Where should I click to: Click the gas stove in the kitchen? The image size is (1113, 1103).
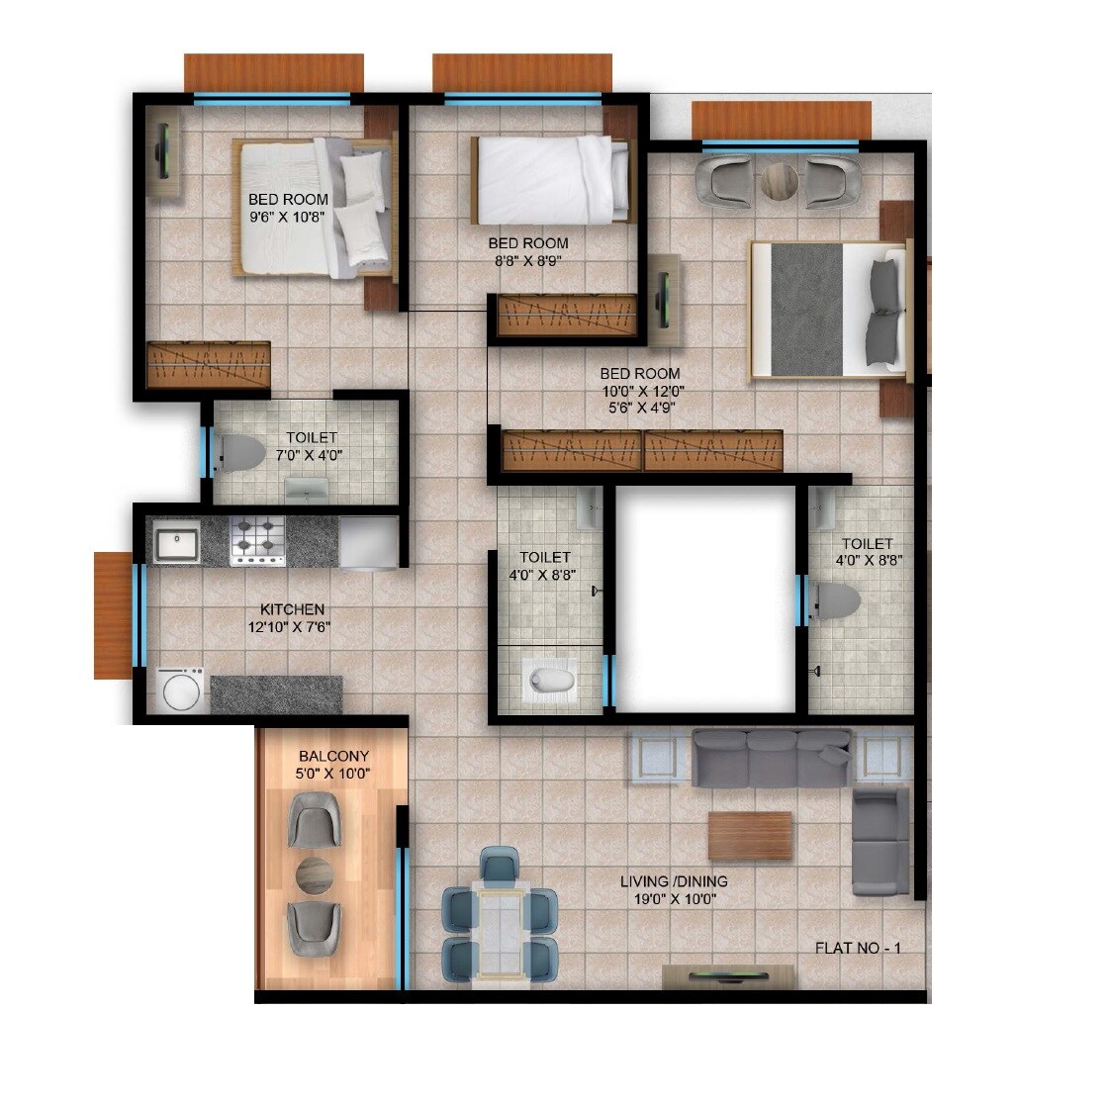[x=257, y=540]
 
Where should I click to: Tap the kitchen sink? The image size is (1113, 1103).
[x=176, y=543]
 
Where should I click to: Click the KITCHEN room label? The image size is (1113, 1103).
[x=292, y=609]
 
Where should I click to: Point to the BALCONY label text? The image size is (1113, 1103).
[x=332, y=757]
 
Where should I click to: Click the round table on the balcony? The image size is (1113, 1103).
[x=316, y=874]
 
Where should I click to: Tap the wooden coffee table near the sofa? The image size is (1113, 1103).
[x=750, y=836]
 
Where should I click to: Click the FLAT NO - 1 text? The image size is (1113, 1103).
[x=857, y=948]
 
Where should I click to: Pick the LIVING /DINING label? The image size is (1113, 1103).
[x=674, y=881]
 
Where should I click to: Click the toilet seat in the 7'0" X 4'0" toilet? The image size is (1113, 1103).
[x=240, y=454]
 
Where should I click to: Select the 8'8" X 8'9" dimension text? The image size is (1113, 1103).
[x=527, y=261]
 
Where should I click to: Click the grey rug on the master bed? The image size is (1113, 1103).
[x=805, y=309]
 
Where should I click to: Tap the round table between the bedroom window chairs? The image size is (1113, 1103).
[x=779, y=182]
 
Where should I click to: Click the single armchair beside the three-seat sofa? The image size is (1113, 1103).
[x=881, y=840]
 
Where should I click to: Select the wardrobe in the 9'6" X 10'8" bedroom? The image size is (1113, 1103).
[x=208, y=364]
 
